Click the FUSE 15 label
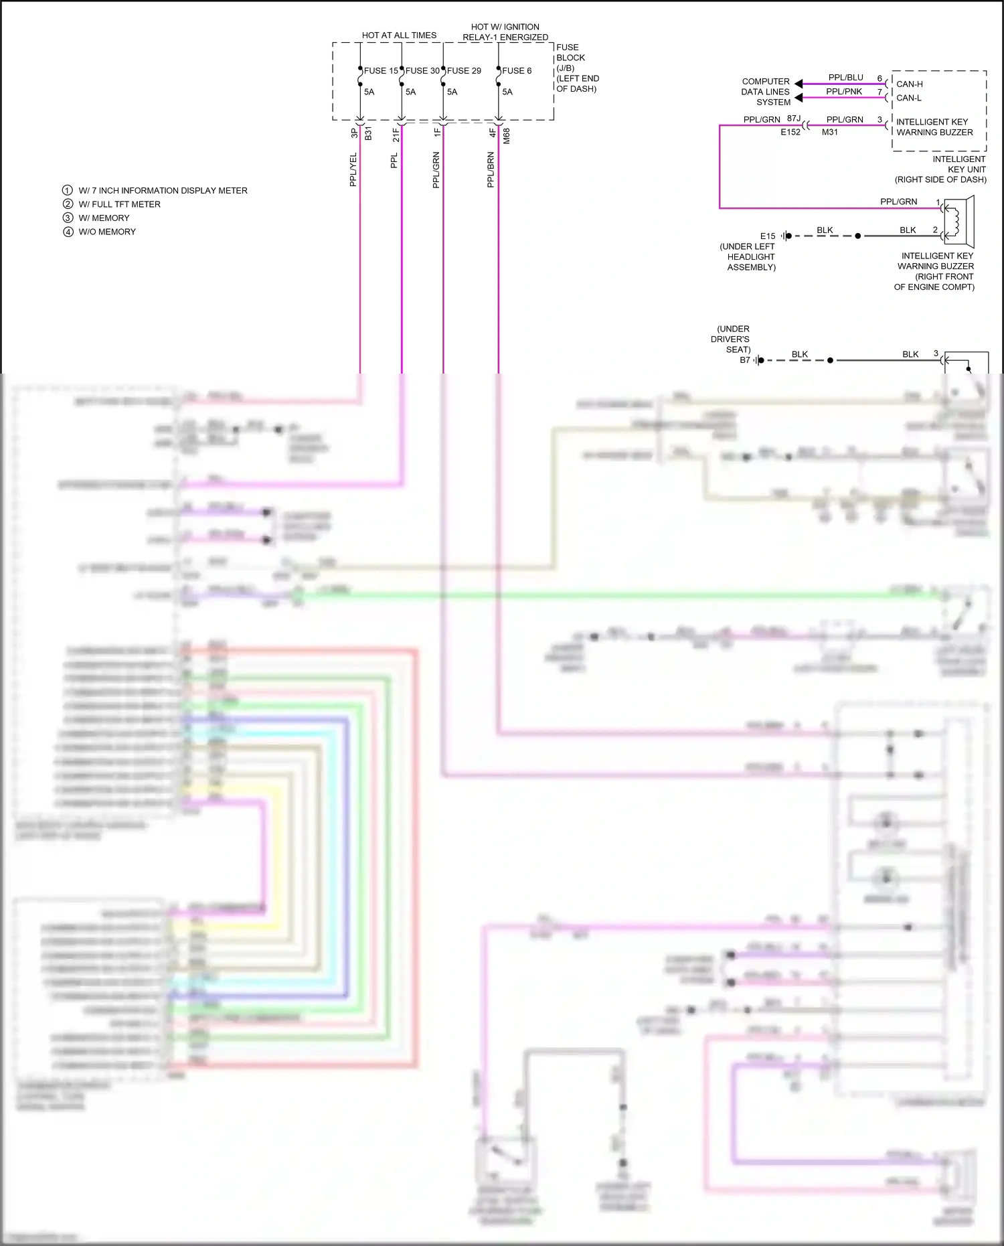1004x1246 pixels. pos(381,70)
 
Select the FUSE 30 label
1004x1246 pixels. pos(422,70)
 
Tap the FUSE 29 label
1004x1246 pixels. pos(464,70)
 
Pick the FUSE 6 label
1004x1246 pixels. pos(517,70)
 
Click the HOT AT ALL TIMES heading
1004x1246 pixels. pos(399,35)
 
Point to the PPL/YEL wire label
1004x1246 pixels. pos(353,169)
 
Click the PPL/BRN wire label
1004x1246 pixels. pos(491,169)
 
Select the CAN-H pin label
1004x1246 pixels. pos(909,84)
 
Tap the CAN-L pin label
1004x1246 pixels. pos(908,98)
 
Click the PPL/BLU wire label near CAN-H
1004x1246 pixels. pos(845,78)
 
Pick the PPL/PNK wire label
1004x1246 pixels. pos(843,92)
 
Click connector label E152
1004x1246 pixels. pos(790,133)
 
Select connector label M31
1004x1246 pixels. pos(829,133)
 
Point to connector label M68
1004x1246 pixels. pos(507,136)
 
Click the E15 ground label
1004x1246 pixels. pos(768,236)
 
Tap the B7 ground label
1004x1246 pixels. pos(744,360)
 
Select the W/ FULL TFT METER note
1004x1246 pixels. pos(119,204)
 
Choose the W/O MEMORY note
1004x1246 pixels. pos(107,232)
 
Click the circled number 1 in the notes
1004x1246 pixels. pos(68,191)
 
